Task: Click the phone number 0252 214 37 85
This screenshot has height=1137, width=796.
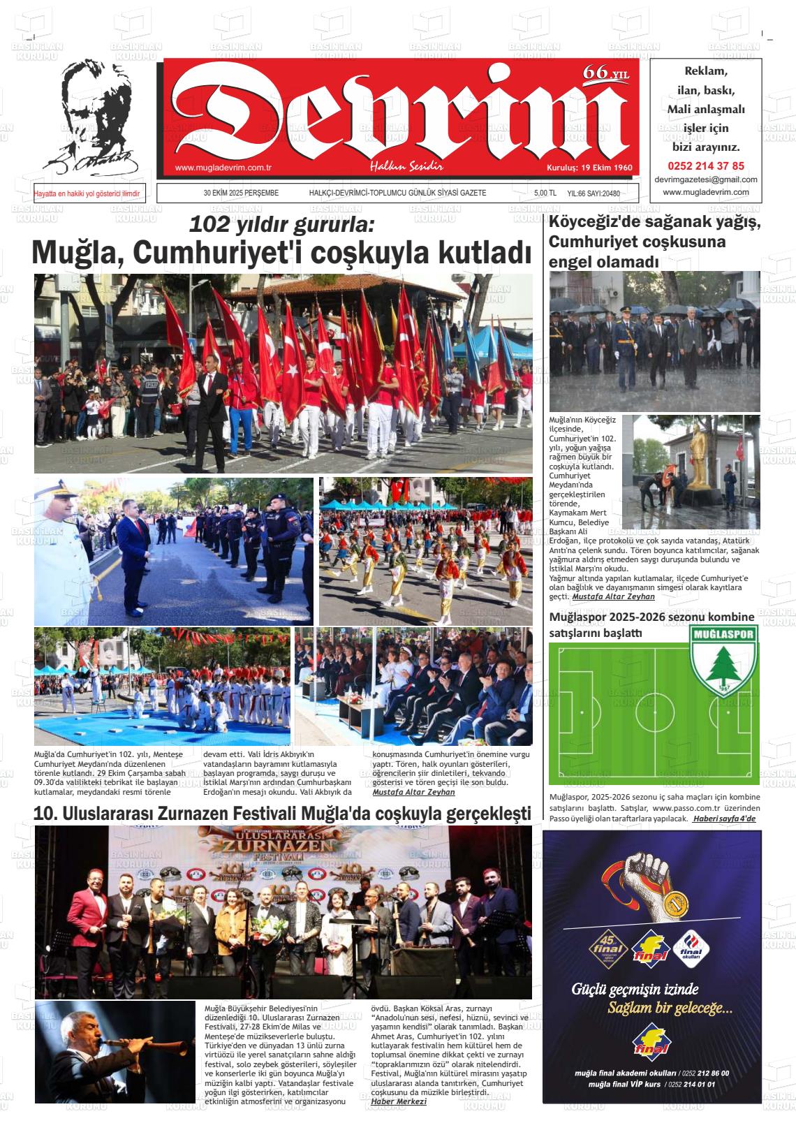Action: (706, 166)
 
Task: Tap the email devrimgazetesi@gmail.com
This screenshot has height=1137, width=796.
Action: (706, 179)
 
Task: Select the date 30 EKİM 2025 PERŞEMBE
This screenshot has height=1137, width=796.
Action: (241, 193)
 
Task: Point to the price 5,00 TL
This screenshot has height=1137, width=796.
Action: (545, 193)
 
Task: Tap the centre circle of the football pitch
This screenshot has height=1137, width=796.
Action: (654, 714)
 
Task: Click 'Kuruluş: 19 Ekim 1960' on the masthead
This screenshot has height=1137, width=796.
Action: (589, 168)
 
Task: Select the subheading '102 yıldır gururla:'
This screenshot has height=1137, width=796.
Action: (282, 225)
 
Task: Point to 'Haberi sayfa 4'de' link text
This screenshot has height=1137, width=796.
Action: (724, 818)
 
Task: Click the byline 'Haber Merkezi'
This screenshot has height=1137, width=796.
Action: (398, 1101)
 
